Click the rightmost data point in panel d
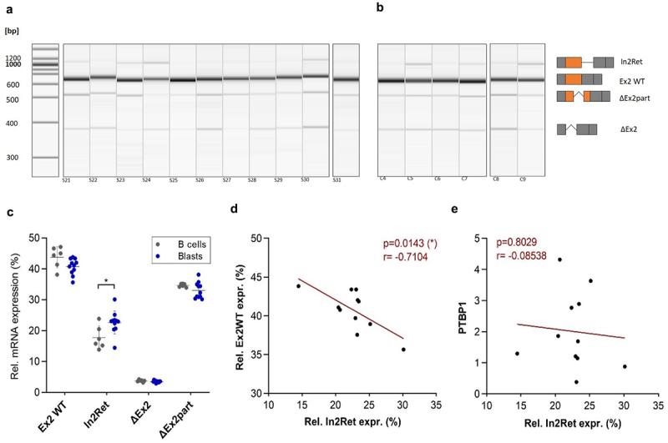click(403, 350)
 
